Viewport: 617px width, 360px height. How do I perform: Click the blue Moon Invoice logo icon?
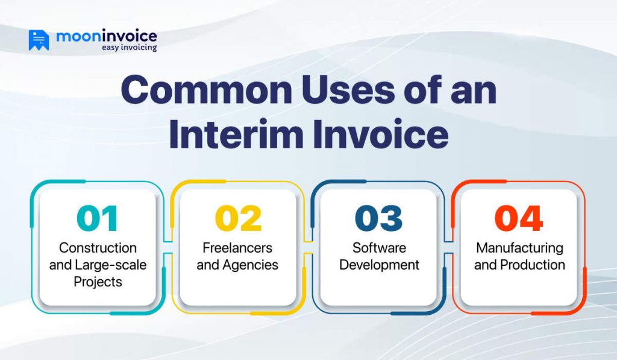coord(39,40)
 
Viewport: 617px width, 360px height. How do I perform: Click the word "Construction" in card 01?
coord(98,248)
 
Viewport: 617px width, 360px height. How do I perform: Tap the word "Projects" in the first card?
coord(98,282)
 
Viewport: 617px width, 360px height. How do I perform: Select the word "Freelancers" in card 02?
coord(237,248)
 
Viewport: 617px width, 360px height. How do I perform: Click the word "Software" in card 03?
coord(378,248)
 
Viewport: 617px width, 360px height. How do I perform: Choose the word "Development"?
coord(378,265)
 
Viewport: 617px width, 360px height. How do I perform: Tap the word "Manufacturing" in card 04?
coord(519,248)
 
